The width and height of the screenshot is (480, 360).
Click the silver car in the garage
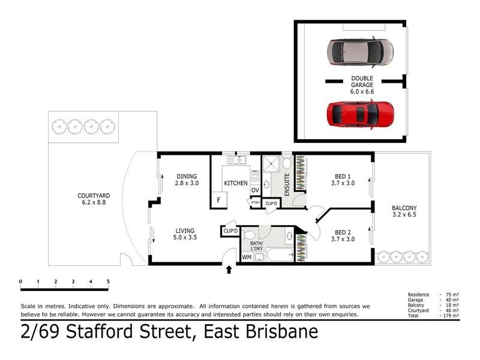click(x=360, y=52)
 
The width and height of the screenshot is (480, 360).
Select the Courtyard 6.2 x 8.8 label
click(x=94, y=199)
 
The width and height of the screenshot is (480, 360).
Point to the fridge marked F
click(x=218, y=200)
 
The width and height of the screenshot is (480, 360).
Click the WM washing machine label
click(x=247, y=257)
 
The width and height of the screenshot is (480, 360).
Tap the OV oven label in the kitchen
click(x=254, y=190)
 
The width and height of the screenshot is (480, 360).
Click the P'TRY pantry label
click(x=256, y=203)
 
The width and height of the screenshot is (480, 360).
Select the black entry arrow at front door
click(x=228, y=270)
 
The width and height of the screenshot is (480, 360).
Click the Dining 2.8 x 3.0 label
click(x=187, y=179)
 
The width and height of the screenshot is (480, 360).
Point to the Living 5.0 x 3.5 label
click(x=185, y=233)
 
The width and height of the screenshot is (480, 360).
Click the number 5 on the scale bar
click(x=108, y=281)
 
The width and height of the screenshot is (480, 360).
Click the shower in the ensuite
click(x=271, y=164)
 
